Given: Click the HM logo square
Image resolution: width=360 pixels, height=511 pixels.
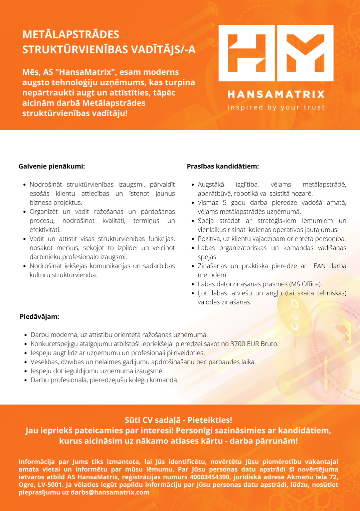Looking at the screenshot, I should [x=276, y=53].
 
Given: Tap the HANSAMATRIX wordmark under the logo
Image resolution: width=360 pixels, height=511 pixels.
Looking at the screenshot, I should [x=276, y=94].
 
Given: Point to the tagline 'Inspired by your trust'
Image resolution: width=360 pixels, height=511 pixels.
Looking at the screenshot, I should [x=276, y=107].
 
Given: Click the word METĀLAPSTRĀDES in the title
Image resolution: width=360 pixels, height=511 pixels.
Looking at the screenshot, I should [x=71, y=35].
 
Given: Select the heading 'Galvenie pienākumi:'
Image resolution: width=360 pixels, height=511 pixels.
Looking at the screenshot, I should [x=52, y=166].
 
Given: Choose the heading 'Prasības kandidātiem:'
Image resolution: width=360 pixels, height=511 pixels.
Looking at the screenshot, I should [x=223, y=166].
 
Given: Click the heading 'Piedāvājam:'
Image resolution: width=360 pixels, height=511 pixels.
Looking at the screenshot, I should [x=39, y=316].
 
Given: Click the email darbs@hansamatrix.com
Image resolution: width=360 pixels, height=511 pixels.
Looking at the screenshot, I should [x=110, y=492].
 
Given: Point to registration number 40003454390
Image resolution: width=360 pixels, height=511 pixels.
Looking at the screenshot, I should [x=210, y=477].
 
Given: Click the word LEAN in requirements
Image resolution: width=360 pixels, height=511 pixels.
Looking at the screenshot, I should [x=318, y=266].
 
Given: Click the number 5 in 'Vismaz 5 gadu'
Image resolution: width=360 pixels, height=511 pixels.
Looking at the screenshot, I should [x=224, y=203].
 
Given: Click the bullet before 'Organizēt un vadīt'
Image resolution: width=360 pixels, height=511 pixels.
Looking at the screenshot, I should [x=25, y=212].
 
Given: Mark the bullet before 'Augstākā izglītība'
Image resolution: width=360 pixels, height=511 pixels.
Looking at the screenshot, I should [x=193, y=185].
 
